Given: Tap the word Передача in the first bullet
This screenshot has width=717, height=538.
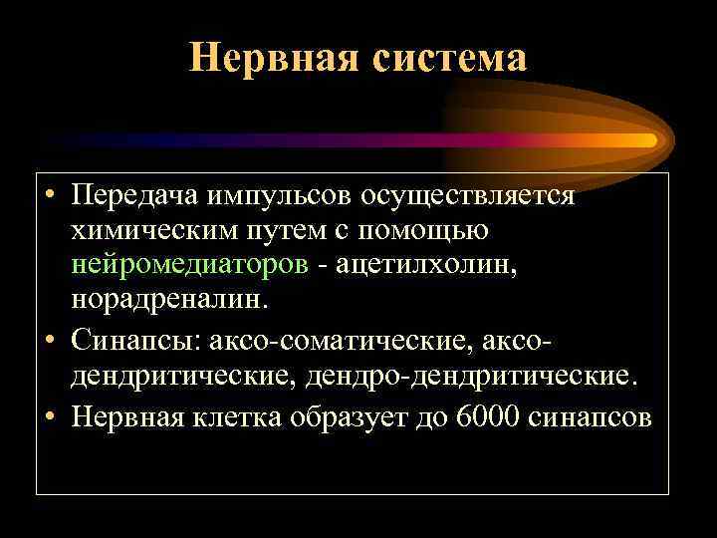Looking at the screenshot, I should coord(132,196).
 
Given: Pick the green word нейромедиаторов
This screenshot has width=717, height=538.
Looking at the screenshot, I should coord(189,265).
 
